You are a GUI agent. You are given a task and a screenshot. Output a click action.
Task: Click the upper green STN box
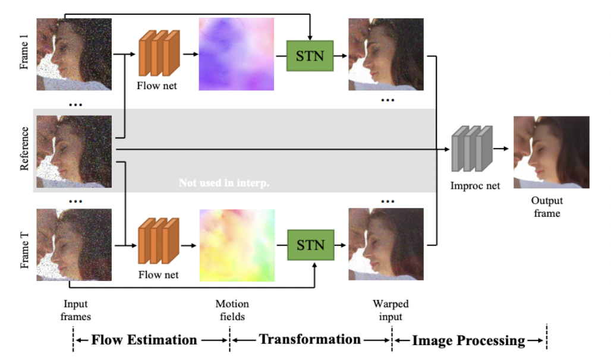click(x=310, y=56)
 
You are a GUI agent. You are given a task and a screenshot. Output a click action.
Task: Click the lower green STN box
click(x=311, y=245)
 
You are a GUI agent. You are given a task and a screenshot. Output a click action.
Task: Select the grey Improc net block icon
click(x=472, y=149)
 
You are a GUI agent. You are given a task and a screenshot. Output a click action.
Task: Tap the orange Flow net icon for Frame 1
click(x=159, y=53)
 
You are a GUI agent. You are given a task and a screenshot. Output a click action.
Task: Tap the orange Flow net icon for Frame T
click(x=159, y=241)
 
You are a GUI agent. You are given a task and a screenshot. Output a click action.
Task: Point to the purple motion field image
click(x=236, y=54)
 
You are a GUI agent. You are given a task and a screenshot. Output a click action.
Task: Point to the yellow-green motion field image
click(x=237, y=245)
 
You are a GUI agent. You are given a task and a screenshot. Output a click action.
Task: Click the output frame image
click(x=552, y=152)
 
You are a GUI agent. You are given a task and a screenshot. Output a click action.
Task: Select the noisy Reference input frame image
click(x=74, y=151)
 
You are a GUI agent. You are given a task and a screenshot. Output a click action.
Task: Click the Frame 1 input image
click(x=74, y=54)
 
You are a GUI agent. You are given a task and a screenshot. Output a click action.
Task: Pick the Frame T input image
click(x=74, y=245)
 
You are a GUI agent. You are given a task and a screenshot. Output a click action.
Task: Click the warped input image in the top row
click(x=386, y=54)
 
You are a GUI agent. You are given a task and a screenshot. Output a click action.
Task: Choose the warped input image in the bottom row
click(x=386, y=244)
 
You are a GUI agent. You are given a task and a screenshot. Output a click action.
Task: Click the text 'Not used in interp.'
click(x=224, y=183)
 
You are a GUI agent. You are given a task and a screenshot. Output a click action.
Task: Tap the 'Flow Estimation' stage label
click(x=144, y=340)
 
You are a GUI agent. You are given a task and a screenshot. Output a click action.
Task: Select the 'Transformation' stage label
click(x=310, y=339)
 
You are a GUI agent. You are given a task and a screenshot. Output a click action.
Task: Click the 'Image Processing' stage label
click(x=469, y=340)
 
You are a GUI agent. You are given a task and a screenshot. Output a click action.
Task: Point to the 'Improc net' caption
click(x=475, y=186)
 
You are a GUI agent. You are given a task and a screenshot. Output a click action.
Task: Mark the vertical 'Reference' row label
click(x=24, y=149)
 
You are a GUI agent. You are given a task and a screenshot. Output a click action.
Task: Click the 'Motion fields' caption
click(x=232, y=310)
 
